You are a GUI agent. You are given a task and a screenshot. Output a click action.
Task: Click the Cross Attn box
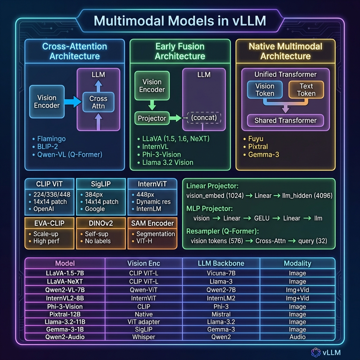[x=98, y=102]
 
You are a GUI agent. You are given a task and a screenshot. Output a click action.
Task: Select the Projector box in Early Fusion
[x=152, y=118]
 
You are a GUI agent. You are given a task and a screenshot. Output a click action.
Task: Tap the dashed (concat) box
[x=205, y=118]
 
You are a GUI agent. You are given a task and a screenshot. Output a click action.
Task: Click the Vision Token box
[x=265, y=90]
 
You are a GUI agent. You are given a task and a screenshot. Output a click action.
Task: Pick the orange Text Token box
[x=306, y=90]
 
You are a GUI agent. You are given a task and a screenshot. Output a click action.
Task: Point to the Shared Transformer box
[x=285, y=120]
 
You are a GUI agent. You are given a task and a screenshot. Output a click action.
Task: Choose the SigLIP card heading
[x=101, y=184]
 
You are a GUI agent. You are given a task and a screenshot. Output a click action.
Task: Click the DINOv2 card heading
[x=101, y=223]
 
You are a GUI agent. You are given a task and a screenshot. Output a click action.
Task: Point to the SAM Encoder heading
[x=152, y=223]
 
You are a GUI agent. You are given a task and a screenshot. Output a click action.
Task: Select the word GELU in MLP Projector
[x=261, y=218]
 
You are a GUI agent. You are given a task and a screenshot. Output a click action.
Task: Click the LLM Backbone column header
[x=221, y=263]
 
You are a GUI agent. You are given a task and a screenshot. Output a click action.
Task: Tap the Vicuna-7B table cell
[x=221, y=273]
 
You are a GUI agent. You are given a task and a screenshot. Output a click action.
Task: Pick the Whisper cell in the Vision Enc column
[x=144, y=337]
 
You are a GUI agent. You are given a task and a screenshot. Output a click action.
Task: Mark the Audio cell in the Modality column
[x=297, y=337]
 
